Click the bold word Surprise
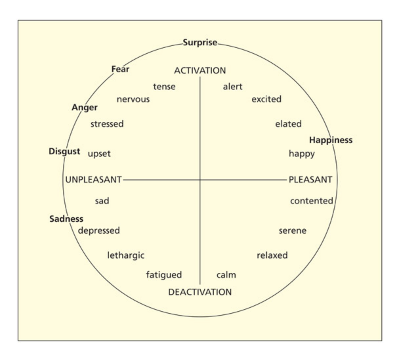[200, 43]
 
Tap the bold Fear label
[120, 69]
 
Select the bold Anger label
[84, 108]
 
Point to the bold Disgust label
[64, 151]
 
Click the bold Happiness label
[331, 140]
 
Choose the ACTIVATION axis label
[200, 71]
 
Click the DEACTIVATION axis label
[200, 292]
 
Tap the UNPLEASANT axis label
[94, 180]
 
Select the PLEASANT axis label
[310, 180]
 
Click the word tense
[164, 87]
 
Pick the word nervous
[133, 99]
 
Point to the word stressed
[107, 124]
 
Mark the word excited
[266, 99]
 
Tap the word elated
[288, 124]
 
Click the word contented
[311, 201]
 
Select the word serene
[292, 231]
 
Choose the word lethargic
[126, 255]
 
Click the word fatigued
[164, 275]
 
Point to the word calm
[226, 275]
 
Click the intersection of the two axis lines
[200, 180]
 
